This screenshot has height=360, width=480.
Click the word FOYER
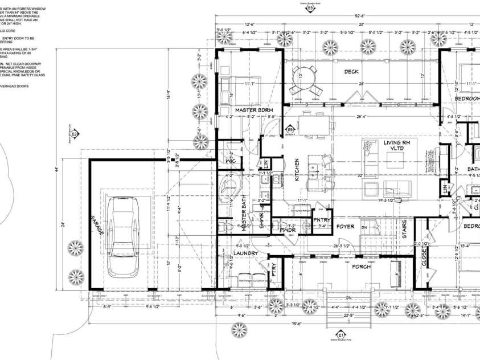click(x=345, y=227)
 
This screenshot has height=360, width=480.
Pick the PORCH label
click(x=360, y=267)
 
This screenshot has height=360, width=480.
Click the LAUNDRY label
click(x=246, y=253)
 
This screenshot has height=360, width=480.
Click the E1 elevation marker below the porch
click(x=342, y=334)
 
